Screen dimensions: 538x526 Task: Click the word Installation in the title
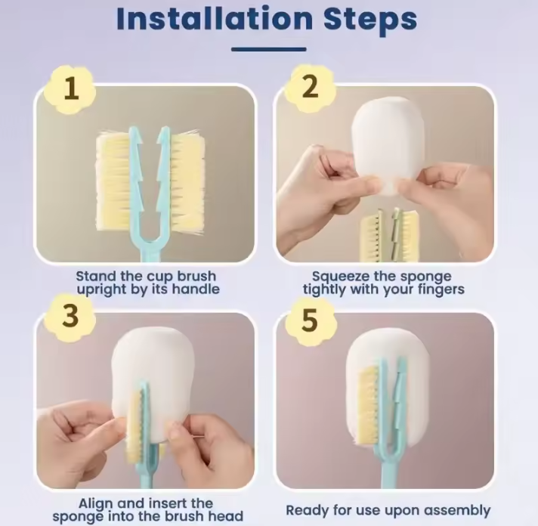[x=215, y=19]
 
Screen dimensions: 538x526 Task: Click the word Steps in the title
[x=370, y=20]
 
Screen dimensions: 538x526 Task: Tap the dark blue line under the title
[x=269, y=49]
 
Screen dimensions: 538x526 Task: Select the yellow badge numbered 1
[x=71, y=89]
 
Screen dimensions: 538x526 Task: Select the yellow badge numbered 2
[x=311, y=88]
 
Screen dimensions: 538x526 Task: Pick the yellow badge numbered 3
[x=70, y=316]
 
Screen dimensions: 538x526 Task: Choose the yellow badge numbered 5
[x=310, y=320]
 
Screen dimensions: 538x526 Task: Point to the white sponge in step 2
[x=388, y=144]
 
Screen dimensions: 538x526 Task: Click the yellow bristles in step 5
[x=368, y=405]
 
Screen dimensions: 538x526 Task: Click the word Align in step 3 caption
[x=96, y=504]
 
